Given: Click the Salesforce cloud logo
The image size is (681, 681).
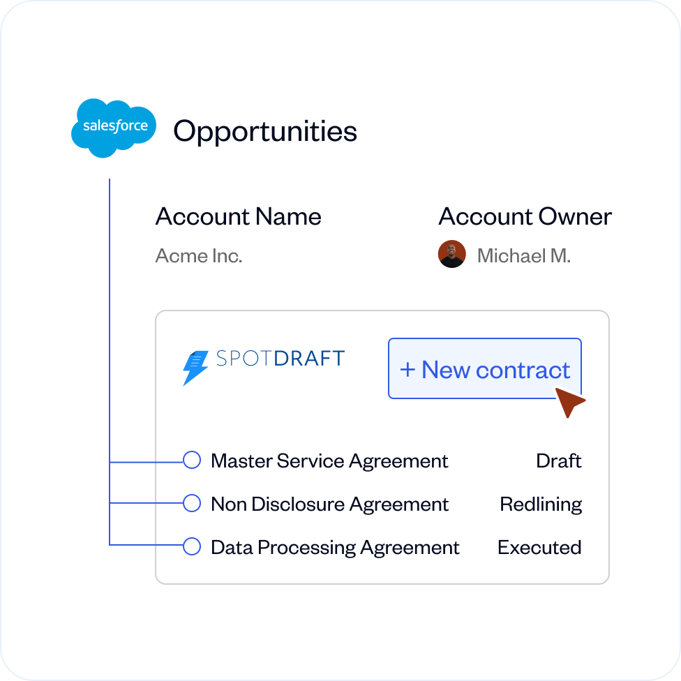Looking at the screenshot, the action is tap(114, 128).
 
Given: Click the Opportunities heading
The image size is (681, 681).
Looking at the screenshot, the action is tap(265, 131).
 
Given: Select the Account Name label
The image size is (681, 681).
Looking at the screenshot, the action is tap(238, 216).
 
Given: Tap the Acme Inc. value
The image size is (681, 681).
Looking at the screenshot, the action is tap(199, 255).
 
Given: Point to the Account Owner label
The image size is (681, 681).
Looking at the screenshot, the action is tap(525, 216).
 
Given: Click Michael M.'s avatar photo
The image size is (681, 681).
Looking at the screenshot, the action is tap(451, 255).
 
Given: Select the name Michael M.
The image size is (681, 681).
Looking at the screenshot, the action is tap(523, 255).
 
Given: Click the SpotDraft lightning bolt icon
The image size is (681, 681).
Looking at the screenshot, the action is tap(195, 368).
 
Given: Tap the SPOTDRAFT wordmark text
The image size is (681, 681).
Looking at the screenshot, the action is tap(280, 359).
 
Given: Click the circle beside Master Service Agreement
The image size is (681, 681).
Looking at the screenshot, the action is tap(192, 461).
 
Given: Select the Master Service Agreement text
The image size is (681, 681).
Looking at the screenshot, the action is tap(329, 461).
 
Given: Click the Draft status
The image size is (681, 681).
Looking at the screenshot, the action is tap(558, 461).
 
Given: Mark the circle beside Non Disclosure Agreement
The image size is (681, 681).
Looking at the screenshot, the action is tap(192, 503).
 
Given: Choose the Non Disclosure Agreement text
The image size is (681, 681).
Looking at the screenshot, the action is tap(329, 504).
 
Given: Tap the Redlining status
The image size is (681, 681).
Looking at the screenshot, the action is tap(541, 504).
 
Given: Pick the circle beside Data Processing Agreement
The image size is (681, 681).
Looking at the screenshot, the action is tap(192, 546).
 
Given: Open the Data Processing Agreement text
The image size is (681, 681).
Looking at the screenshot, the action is tap(335, 548).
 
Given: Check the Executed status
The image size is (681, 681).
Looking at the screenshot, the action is tap(539, 548).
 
